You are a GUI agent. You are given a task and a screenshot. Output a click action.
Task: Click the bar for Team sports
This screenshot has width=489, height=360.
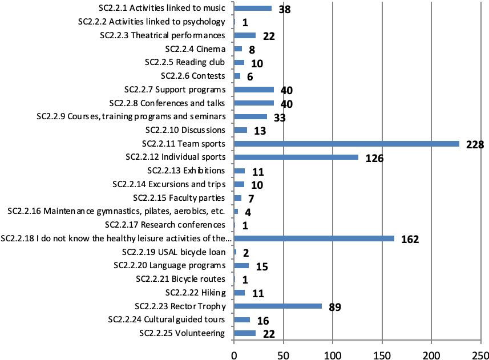tap(346, 144)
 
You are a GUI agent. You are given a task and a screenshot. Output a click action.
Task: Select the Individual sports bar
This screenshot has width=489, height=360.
tap(296, 157)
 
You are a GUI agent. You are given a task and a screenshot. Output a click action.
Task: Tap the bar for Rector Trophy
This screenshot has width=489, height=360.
tap(278, 306)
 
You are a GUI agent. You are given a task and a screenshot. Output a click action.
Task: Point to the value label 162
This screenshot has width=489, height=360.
tap(410, 239)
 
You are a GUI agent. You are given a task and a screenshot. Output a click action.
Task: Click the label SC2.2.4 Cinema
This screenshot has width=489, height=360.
tap(195, 49)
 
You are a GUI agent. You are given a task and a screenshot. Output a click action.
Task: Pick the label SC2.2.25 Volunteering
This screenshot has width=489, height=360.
tap(182, 333)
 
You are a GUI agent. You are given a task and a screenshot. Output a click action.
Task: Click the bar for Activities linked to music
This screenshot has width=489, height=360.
tap(253, 9)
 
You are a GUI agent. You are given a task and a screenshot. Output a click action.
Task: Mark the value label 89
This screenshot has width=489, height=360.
tap(335, 308)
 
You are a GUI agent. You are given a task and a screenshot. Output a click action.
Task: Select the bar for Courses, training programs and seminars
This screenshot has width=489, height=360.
tap(250, 116)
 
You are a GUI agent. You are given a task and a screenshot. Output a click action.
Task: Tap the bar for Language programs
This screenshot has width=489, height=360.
tap(241, 265)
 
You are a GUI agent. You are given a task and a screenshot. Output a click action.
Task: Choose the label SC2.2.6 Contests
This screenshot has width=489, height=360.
tap(193, 76)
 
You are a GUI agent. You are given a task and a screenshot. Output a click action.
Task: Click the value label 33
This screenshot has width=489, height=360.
tap(279, 118)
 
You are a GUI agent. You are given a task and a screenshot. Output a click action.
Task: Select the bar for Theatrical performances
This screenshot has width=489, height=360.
tap(245, 35)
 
